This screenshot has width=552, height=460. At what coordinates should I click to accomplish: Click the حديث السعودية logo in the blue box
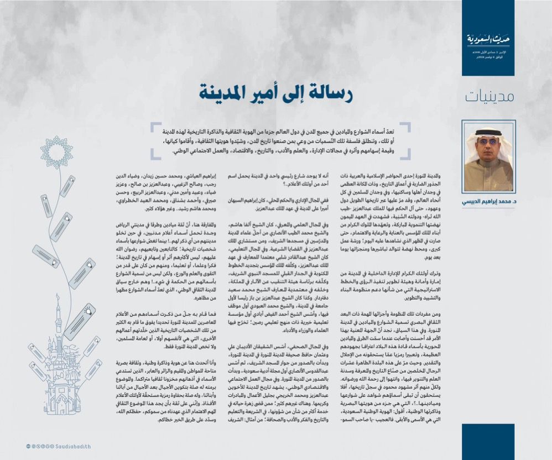click(488, 41)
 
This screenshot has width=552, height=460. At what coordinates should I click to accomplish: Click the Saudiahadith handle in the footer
click(72, 446)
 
